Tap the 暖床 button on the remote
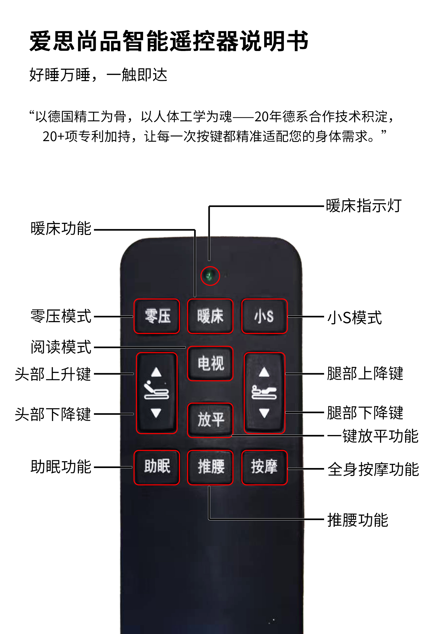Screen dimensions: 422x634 pos(210,316)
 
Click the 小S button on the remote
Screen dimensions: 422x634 pos(264,316)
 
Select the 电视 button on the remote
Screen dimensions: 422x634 pos(210,363)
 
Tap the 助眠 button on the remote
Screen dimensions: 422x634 pos(157,467)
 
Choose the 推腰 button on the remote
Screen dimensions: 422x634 pos(210,467)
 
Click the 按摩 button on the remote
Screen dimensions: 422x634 pos(264,467)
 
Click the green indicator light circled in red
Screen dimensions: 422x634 pos(210,276)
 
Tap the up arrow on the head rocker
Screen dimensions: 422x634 pos(156,372)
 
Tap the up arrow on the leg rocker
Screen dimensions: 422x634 pos(264,372)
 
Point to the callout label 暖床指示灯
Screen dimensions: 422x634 pos(364,206)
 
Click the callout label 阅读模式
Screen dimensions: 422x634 pos(61,347)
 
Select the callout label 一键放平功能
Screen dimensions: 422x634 pos(373,436)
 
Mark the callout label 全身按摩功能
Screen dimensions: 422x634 pos(373,469)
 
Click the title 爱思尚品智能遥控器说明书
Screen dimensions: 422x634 pos(169,41)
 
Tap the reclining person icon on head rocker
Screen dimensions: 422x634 pos(156,390)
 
